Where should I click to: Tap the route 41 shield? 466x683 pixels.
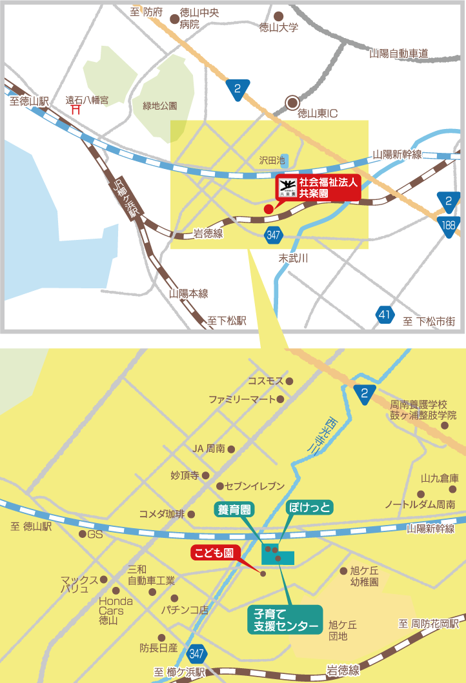coord(385,315)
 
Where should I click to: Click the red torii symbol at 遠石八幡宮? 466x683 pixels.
coord(76,110)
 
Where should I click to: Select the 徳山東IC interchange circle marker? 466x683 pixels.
coord(293,102)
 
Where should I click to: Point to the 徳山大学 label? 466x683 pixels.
coord(278,27)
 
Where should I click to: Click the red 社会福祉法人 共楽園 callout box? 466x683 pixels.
coord(317,187)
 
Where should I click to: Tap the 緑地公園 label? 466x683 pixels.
coord(159,105)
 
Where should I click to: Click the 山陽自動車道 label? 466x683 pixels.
coord(398,54)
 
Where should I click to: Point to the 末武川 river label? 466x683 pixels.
coord(293,258)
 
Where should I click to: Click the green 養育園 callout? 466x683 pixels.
coord(234,509)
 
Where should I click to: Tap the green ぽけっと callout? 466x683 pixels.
coord(309,508)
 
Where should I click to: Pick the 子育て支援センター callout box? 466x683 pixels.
coord(285,619)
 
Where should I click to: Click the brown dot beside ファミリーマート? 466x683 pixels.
coord(281,399)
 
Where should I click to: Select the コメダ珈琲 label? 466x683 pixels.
coord(161,514)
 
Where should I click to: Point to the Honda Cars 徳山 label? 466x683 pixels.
coord(116,610)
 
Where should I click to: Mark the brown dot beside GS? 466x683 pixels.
coord(82,534)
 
